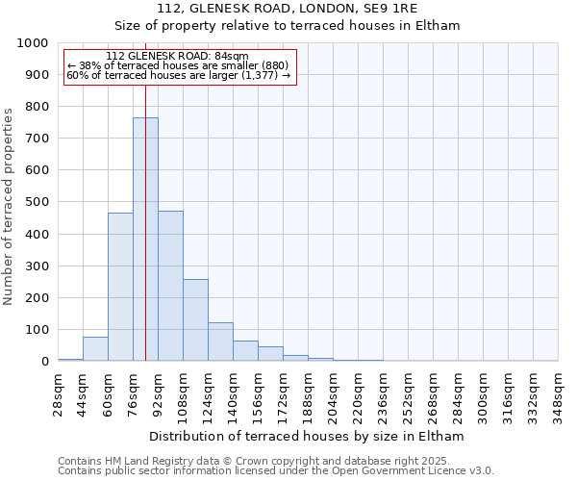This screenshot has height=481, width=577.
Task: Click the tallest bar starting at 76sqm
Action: click(145, 240)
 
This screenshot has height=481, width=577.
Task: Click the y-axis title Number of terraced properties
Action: click(9, 207)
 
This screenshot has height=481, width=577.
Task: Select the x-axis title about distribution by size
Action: click(308, 436)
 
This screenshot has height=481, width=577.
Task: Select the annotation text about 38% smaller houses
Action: click(178, 65)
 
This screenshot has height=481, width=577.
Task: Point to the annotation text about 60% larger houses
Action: click(178, 75)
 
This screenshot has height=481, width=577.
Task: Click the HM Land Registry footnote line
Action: click(275, 461)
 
